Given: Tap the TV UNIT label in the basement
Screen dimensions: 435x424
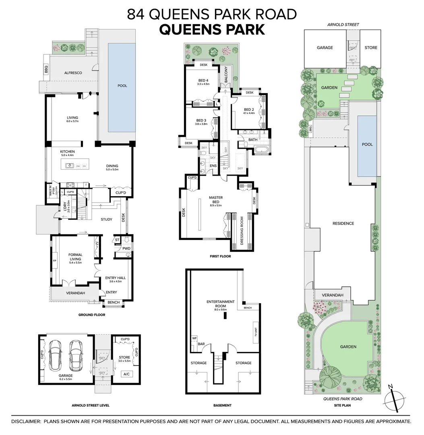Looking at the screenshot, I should (x=255, y=333).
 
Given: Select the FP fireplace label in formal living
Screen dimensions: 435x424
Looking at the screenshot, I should (x=55, y=261).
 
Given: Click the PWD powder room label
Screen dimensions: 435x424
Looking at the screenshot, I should (x=126, y=249).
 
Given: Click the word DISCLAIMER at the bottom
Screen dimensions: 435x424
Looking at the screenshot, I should (x=26, y=421).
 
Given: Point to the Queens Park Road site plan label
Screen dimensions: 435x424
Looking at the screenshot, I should (x=343, y=399).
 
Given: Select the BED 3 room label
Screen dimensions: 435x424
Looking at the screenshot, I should (x=201, y=120).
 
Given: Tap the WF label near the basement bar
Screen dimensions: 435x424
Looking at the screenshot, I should (x=194, y=338).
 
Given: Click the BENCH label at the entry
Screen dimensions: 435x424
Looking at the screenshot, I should (x=113, y=302).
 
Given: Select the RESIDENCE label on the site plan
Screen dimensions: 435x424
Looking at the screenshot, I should (x=343, y=224).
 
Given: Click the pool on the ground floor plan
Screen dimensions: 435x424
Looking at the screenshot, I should (x=122, y=86).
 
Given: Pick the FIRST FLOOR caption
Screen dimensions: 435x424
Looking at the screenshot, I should (x=220, y=256).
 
